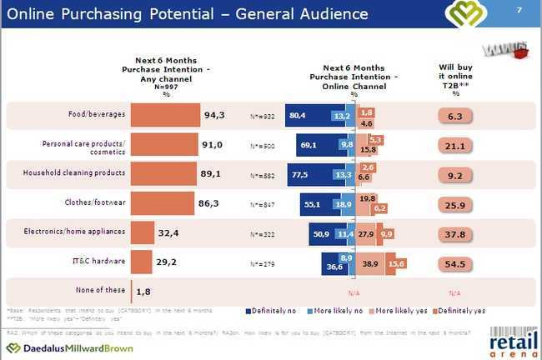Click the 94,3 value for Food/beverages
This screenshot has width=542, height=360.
(213, 116)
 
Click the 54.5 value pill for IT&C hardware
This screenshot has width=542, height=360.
(454, 262)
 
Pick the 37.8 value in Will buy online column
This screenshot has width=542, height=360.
(454, 234)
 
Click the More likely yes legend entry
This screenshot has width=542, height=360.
(393, 311)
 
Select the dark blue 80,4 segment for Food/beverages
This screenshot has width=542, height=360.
(308, 116)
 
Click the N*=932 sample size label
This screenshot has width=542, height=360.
(262, 116)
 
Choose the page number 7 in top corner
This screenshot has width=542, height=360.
(519, 10)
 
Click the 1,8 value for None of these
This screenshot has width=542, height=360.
(143, 290)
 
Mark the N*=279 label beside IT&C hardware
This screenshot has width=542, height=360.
(262, 264)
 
